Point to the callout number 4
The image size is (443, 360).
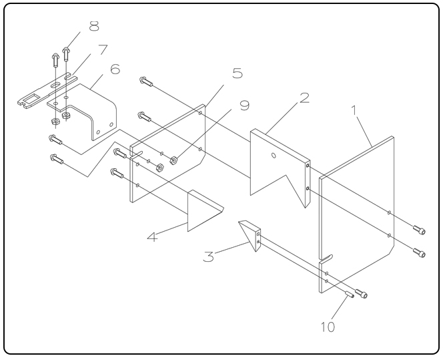click(x=152, y=236)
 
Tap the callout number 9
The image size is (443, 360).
click(x=245, y=105)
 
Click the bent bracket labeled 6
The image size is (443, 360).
click(x=93, y=107)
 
